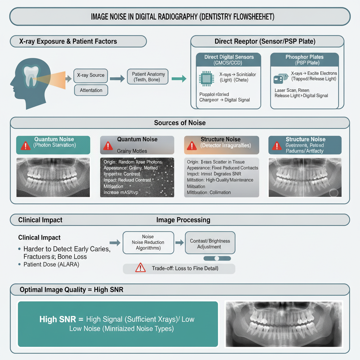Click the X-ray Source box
click(x=91, y=75)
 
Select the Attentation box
click(x=91, y=90)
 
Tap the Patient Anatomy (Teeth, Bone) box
click(x=148, y=77)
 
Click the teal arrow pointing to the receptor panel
click(x=179, y=79)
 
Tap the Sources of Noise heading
click(x=180, y=123)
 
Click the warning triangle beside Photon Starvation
click(x=25, y=146)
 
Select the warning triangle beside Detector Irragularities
click(x=192, y=146)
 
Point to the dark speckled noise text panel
click(x=137, y=177)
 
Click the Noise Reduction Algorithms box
click(x=148, y=243)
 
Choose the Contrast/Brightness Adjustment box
click(x=210, y=244)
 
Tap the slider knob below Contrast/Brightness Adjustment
click(x=217, y=258)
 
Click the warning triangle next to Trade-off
click(x=140, y=268)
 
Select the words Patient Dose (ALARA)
click(x=51, y=264)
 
